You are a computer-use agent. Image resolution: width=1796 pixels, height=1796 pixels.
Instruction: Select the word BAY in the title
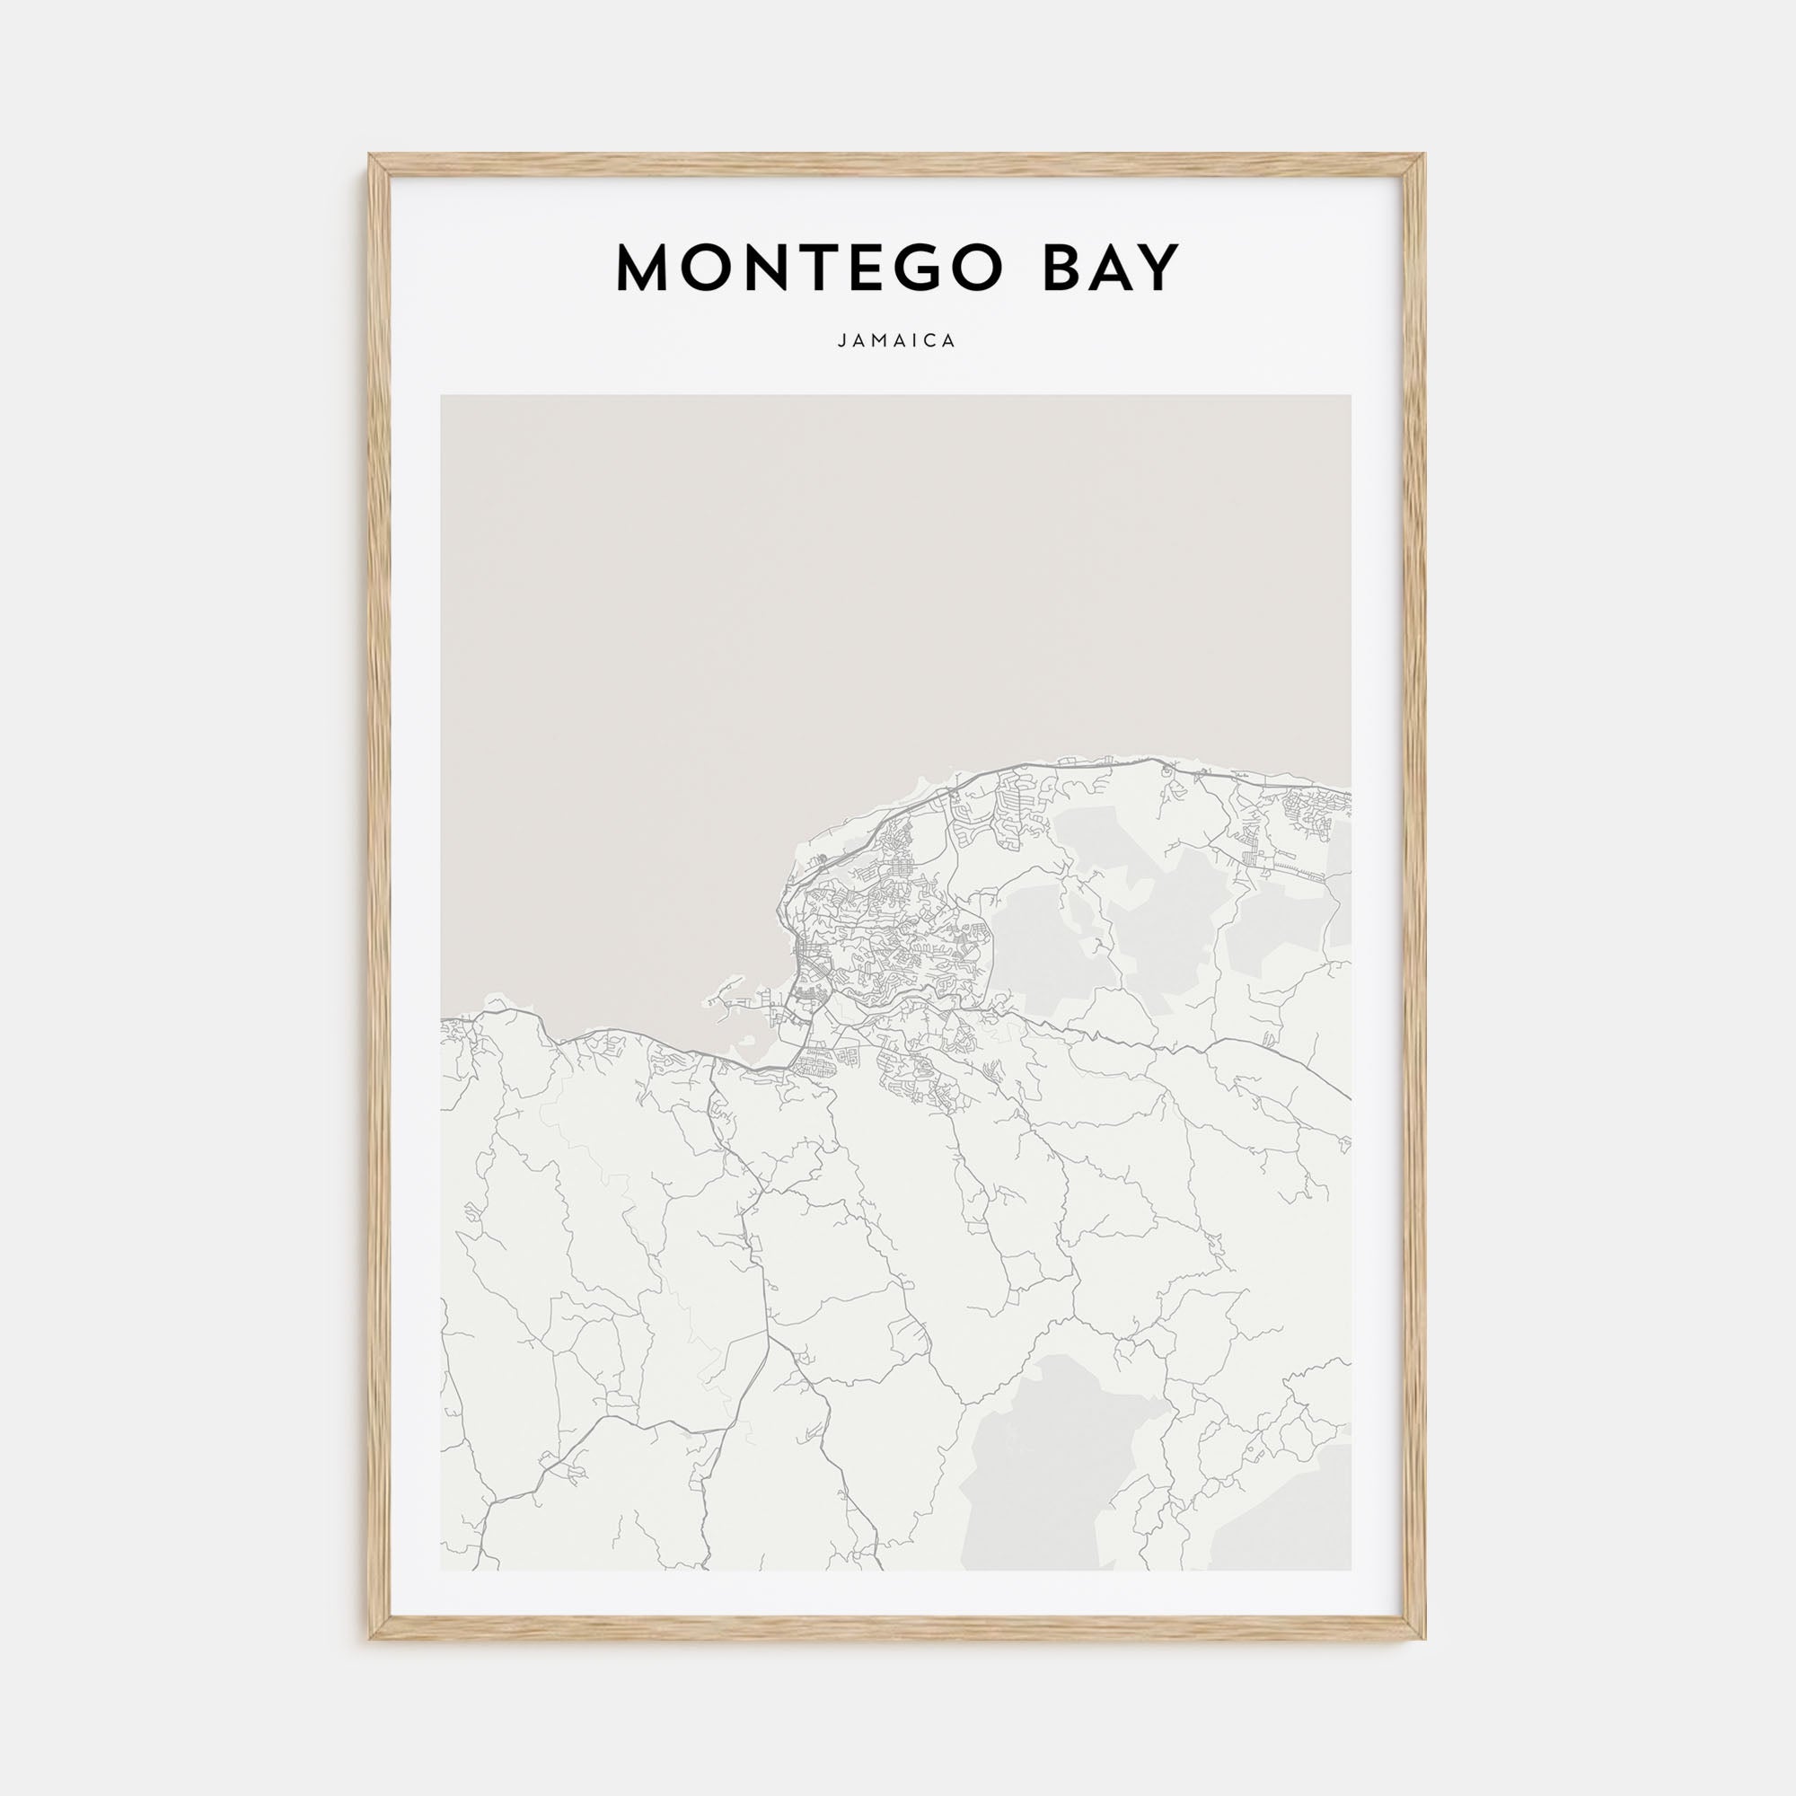[1112, 269]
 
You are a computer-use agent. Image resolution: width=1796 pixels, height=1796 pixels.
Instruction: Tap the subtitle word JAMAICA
[897, 341]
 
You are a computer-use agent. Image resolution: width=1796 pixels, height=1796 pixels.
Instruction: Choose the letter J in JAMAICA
[841, 341]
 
